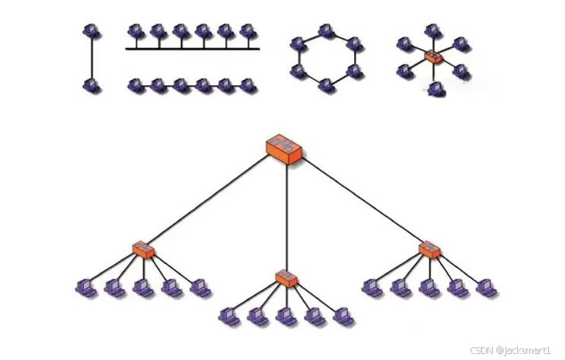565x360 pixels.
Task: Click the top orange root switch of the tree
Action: pyautogui.click(x=283, y=147)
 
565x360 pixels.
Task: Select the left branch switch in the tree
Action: pyautogui.click(x=143, y=250)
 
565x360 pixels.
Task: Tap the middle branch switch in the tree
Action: pyautogui.click(x=286, y=278)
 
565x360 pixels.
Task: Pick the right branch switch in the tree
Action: pyautogui.click(x=429, y=250)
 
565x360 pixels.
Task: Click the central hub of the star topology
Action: pyautogui.click(x=433, y=57)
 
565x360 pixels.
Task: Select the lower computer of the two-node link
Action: pyautogui.click(x=92, y=85)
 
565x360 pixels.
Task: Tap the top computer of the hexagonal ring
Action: pyautogui.click(x=326, y=31)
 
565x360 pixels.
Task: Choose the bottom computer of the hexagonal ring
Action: pyautogui.click(x=326, y=84)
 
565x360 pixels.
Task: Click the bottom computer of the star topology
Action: pyautogui.click(x=434, y=89)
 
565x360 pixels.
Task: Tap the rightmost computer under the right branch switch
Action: pyautogui.click(x=486, y=288)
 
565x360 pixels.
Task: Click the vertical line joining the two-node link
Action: pyautogui.click(x=92, y=59)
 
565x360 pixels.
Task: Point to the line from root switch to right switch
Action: pyautogui.click(x=358, y=199)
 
